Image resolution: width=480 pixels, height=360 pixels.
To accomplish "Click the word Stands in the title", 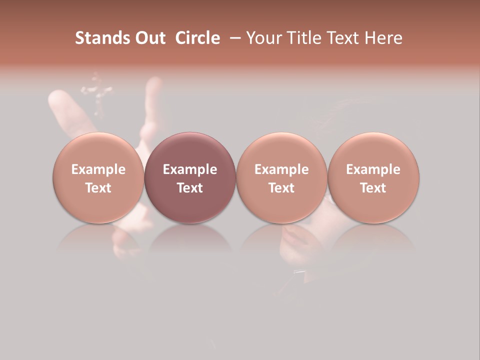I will pyautogui.click(x=95, y=38).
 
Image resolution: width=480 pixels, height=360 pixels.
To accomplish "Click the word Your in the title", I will pyautogui.click(x=262, y=38).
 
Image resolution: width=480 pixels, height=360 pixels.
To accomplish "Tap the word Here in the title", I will pyautogui.click(x=383, y=38).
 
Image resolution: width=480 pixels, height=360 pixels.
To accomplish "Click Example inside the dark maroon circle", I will pyautogui.click(x=190, y=169).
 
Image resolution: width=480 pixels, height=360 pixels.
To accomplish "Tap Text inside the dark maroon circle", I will pyautogui.click(x=190, y=188).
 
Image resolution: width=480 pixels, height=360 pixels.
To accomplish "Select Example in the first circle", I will pyautogui.click(x=98, y=169).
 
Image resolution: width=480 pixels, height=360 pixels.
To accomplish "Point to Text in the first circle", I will pyautogui.click(x=98, y=188).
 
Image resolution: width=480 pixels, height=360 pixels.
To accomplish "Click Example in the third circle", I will pyautogui.click(x=281, y=169).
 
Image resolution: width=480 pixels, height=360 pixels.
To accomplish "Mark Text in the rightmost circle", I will pyautogui.click(x=373, y=188).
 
